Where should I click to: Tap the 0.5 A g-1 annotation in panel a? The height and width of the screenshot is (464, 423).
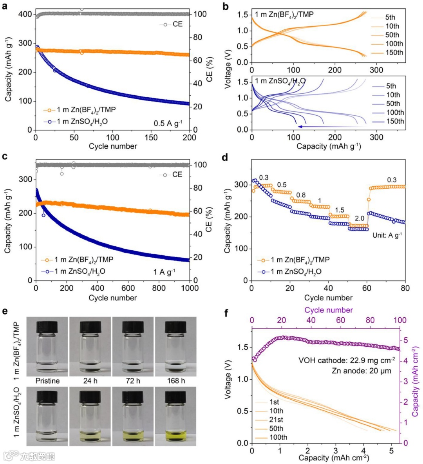tap(168, 124)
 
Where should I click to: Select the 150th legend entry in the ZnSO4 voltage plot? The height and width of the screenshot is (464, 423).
tap(395, 122)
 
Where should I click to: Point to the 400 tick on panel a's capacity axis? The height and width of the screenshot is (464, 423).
tap(25, 14)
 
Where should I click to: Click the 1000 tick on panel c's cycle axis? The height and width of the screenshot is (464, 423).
tap(190, 288)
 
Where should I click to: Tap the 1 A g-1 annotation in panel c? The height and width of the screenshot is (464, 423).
tap(164, 272)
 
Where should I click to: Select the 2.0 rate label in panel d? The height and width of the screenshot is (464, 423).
tap(359, 218)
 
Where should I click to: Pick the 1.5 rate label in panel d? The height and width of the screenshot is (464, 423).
tap(339, 210)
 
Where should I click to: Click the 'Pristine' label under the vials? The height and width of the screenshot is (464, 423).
tap(47, 381)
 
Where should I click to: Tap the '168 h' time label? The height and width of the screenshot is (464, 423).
tap(176, 381)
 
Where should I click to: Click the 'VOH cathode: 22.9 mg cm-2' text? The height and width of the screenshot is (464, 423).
tap(347, 360)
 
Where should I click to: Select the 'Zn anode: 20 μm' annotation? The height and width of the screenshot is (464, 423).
tap(361, 371)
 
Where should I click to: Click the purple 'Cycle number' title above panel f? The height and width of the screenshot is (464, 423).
tap(329, 310)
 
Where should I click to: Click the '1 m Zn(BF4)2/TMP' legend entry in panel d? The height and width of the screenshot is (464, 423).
tap(300, 260)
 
